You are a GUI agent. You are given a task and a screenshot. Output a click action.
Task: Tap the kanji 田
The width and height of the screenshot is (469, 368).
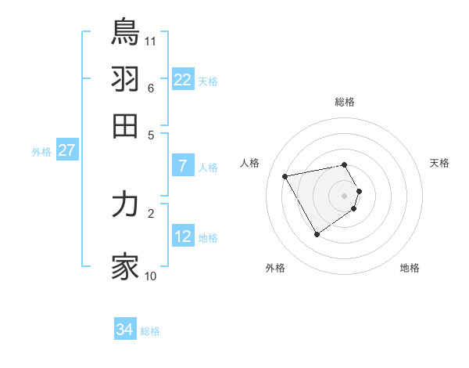[125, 125]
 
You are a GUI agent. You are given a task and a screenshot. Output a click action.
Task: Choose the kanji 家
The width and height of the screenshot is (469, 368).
[125, 266]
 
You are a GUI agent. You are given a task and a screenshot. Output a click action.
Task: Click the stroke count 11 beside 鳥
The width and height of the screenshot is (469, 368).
[151, 41]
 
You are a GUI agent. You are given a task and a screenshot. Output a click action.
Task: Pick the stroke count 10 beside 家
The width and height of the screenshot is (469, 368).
[151, 276]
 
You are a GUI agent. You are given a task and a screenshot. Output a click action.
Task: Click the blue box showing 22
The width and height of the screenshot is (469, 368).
[182, 80]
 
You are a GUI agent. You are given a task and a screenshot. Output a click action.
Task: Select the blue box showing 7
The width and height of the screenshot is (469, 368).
[182, 166]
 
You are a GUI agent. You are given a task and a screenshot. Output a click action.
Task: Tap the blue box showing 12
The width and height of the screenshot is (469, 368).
[182, 236]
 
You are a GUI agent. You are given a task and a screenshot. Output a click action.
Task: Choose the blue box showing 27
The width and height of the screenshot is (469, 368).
[66, 150]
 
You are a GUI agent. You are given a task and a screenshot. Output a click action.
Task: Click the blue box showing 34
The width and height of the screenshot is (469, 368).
[125, 330]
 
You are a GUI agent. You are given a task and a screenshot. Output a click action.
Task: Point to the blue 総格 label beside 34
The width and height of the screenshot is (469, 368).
[150, 331]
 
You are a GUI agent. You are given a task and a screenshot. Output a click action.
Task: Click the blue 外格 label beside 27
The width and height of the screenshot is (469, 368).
[41, 152]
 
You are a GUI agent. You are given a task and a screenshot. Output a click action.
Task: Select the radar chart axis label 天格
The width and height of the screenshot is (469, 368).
[439, 163]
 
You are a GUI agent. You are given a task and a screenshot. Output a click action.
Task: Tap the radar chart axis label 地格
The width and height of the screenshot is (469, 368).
[410, 268]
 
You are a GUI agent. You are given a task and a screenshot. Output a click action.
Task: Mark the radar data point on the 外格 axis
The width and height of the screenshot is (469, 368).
[317, 234]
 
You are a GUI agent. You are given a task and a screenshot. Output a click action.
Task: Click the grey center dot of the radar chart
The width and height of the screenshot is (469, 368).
[344, 195]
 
